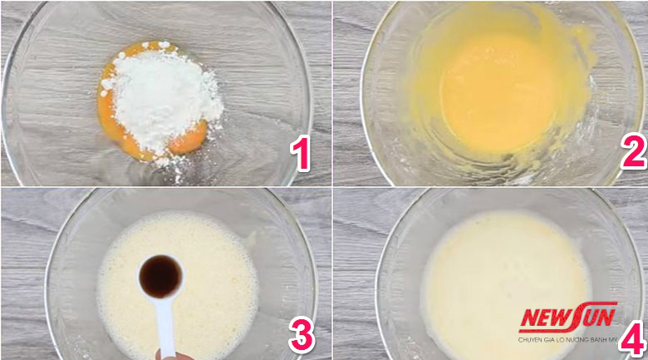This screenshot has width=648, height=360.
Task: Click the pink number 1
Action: point(301,154)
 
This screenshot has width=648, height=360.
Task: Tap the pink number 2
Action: point(634,151)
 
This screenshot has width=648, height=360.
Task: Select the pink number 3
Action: point(302,335)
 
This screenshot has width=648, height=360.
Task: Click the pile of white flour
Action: point(163,98)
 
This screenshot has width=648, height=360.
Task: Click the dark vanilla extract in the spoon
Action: point(160,276)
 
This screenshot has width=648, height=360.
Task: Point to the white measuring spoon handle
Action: point(165,327)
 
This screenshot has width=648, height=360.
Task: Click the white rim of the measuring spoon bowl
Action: point(161,255)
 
